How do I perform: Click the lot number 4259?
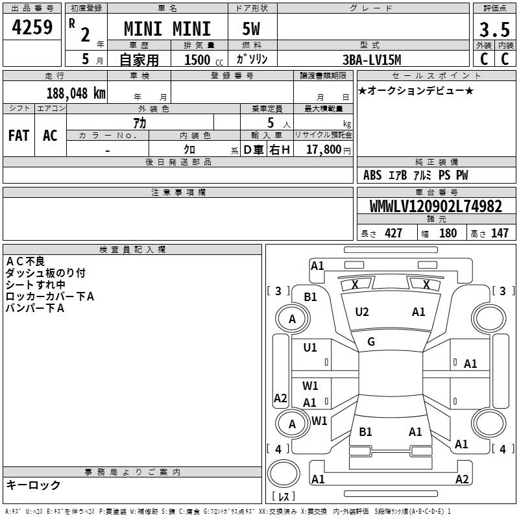32,28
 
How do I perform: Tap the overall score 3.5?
492,30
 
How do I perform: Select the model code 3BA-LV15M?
372,59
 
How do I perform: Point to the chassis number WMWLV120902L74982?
435,207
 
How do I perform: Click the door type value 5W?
252,29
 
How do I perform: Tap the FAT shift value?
19,136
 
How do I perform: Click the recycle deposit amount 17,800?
324,149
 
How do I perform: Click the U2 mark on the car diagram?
362,312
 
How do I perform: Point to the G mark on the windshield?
371,342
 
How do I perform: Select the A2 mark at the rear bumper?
462,479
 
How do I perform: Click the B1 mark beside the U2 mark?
311,296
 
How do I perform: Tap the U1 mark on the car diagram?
311,348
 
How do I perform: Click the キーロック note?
33,485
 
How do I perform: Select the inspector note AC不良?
25,261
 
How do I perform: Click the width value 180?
448,234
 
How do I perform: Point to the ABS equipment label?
372,175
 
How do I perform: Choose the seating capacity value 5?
270,123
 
